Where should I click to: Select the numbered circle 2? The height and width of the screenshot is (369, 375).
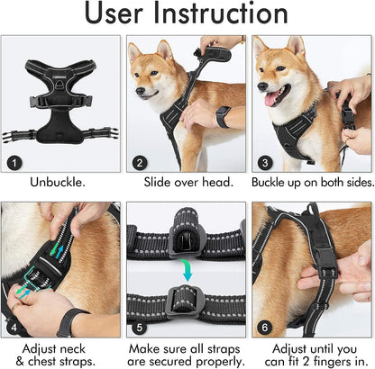pyautogui.click(x=140, y=163)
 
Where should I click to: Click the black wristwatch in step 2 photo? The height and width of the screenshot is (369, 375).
pyautogui.click(x=223, y=117)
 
